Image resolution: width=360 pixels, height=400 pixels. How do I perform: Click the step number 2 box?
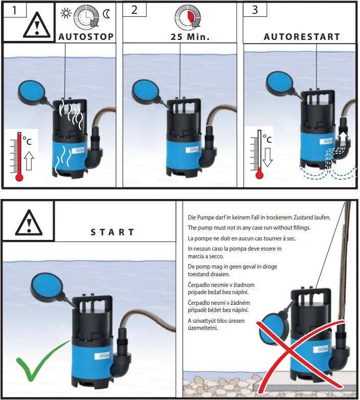[x=134, y=10]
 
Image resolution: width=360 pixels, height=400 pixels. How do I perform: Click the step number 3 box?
[x=255, y=10]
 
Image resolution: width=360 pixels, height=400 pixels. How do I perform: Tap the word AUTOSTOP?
[x=86, y=37]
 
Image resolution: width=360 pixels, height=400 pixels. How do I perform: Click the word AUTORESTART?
[x=302, y=37]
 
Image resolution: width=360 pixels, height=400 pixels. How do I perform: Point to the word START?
[x=113, y=232]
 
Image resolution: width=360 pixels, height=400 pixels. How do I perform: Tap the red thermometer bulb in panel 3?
[x=259, y=174]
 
